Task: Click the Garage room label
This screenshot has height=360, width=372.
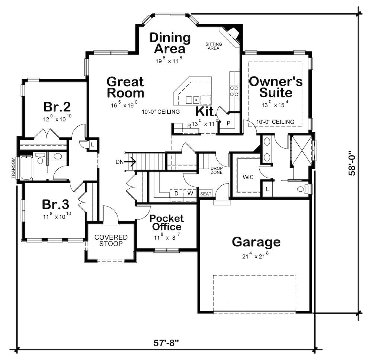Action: pos(256,242)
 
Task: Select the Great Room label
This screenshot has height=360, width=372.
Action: pos(125,87)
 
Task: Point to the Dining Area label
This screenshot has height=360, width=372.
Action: pos(170,43)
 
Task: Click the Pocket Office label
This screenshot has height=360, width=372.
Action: pos(166,223)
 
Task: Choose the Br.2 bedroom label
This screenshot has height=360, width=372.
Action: pos(57,107)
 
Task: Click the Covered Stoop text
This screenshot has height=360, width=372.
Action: pos(111,240)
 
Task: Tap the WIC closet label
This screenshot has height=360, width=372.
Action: pos(248,177)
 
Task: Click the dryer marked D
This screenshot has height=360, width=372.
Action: pos(176,194)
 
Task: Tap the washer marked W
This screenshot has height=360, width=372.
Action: pos(190,194)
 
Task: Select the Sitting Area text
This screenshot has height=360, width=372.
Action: pos(214,46)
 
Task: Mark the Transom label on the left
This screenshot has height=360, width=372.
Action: pos(13,168)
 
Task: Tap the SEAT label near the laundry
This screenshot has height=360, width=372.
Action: pos(205,194)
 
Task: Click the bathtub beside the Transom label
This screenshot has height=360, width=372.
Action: pos(26,168)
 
